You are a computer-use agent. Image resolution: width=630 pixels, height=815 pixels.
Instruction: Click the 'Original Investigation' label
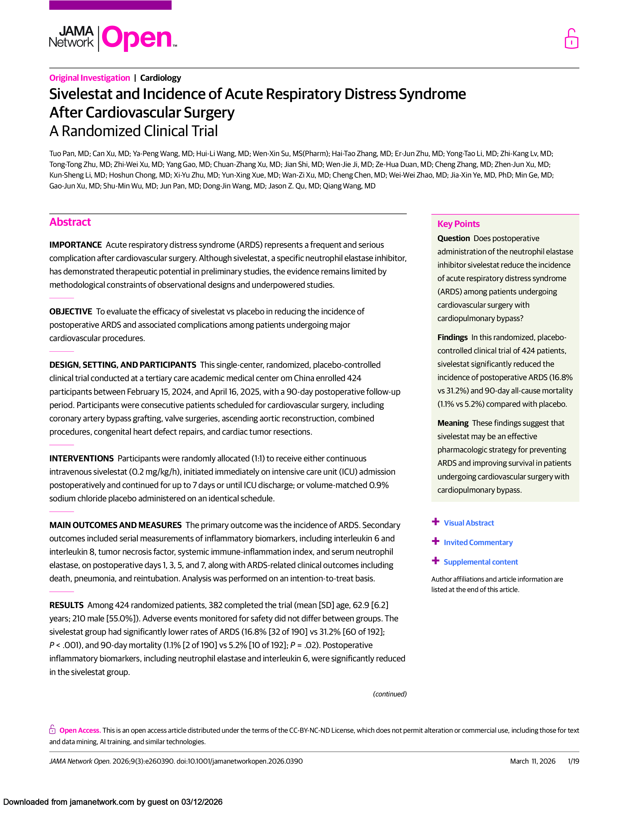(x=90, y=78)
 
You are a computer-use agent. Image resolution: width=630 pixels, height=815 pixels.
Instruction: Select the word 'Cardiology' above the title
(x=161, y=78)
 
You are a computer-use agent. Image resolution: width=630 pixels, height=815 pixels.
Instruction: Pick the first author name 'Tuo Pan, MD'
(x=69, y=154)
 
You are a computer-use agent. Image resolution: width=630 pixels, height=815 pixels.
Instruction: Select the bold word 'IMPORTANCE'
(x=75, y=245)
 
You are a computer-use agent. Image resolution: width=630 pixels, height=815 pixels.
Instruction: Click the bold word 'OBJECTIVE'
(x=71, y=312)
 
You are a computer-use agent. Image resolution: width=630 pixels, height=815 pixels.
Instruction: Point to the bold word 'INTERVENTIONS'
(x=81, y=459)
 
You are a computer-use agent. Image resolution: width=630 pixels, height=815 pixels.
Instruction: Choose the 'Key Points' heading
(x=458, y=224)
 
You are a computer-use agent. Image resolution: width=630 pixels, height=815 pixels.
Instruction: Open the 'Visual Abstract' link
(x=469, y=523)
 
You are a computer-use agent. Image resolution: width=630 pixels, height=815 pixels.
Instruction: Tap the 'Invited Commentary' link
(x=478, y=543)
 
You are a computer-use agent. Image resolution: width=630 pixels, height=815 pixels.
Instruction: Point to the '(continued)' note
(x=390, y=694)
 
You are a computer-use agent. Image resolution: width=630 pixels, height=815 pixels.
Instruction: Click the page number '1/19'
(x=573, y=761)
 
